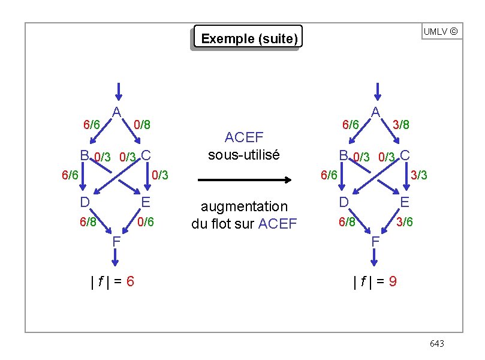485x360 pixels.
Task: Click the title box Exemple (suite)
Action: tap(249, 39)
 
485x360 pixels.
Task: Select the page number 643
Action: tap(437, 343)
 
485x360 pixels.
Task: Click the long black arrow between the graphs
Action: tap(245, 179)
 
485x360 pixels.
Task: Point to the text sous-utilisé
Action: tap(243, 154)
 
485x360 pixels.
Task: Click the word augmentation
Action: tap(244, 206)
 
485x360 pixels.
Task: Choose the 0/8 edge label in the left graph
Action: tap(141, 125)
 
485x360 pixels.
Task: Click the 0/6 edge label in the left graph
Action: tap(146, 222)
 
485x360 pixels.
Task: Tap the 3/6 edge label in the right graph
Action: tap(404, 222)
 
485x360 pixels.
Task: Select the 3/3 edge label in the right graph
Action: tap(419, 175)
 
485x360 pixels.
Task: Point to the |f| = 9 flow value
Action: tap(375, 280)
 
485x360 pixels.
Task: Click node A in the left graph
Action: tap(117, 112)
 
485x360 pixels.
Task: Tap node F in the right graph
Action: tap(375, 241)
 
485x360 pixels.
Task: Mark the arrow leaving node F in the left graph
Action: tap(116, 256)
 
